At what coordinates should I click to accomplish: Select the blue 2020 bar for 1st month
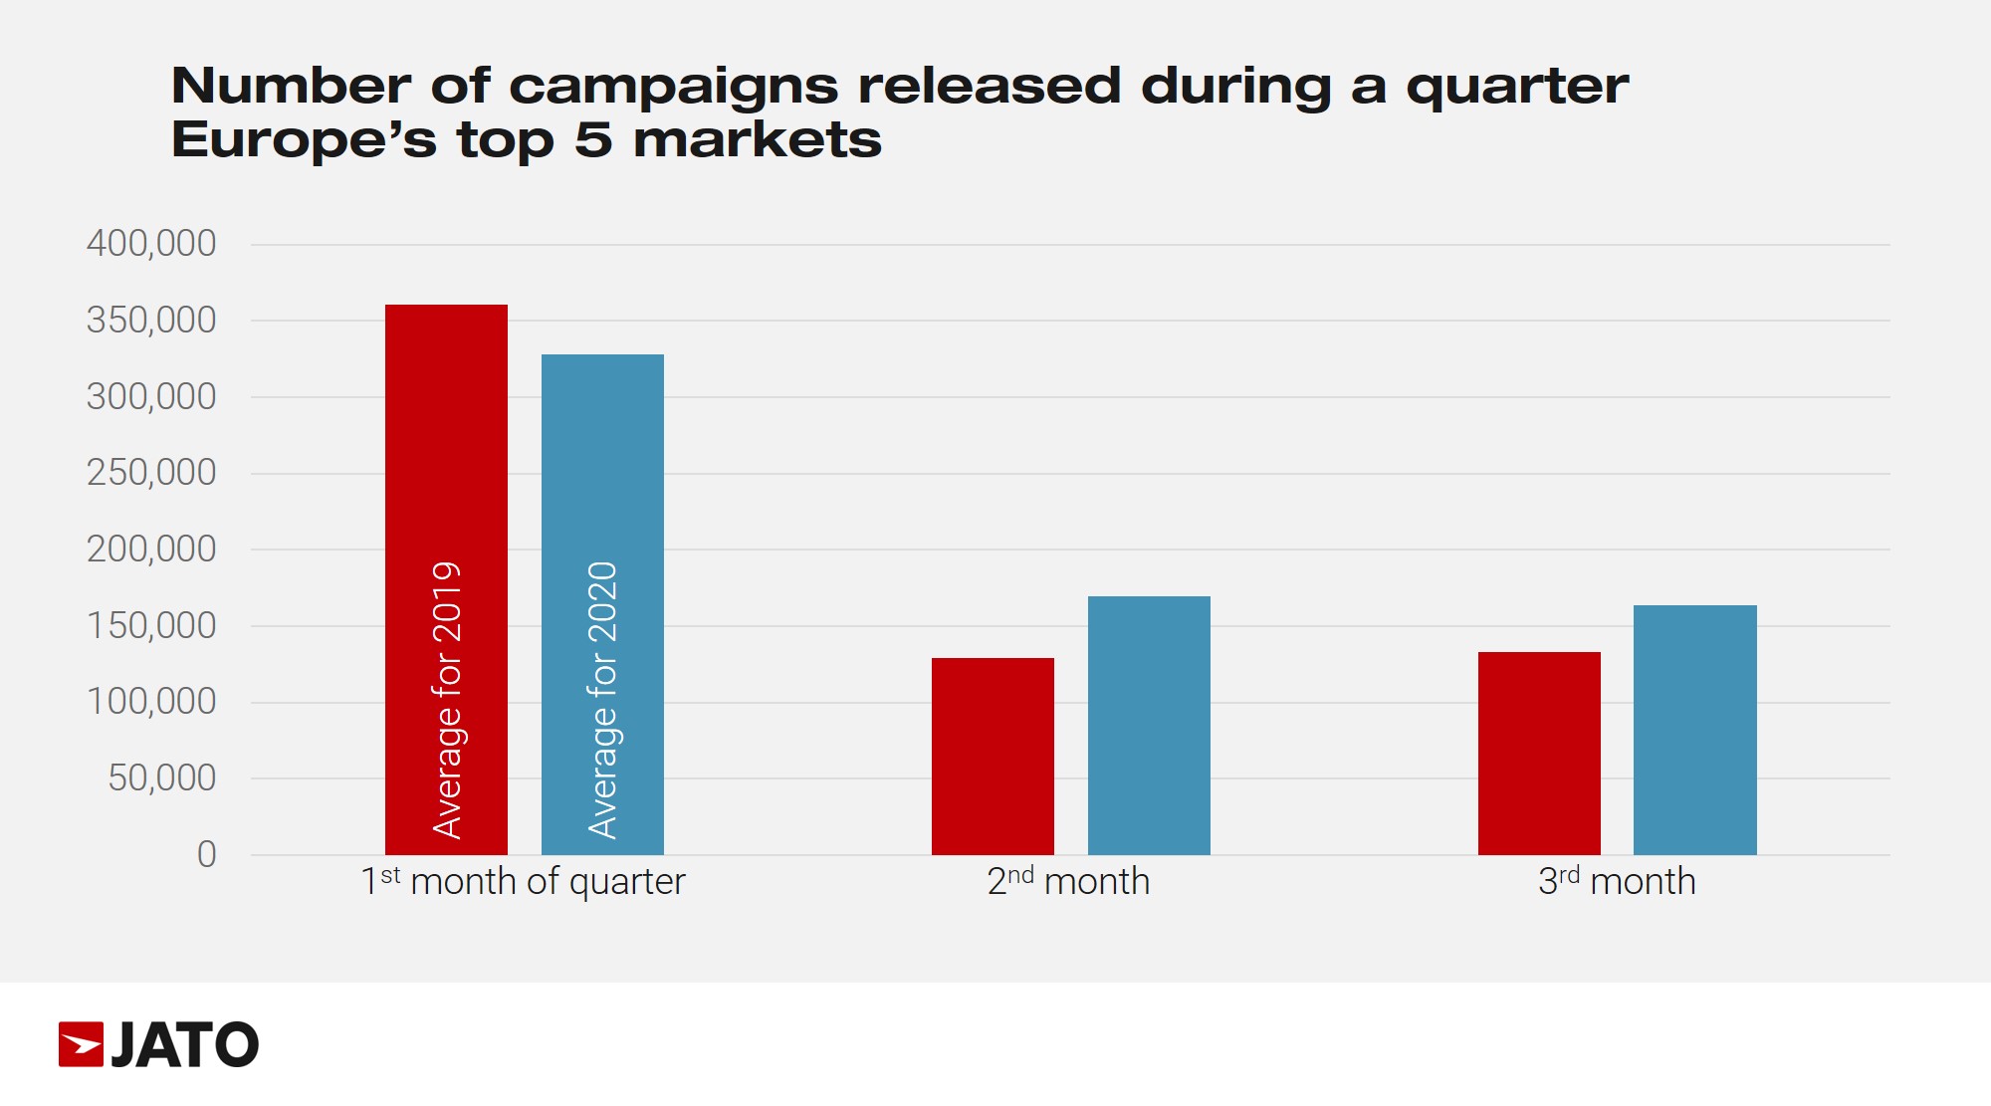pyautogui.click(x=602, y=458)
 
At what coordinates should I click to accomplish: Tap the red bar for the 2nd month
pyautogui.click(x=993, y=756)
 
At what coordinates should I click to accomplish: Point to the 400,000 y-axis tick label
pyautogui.click(x=151, y=244)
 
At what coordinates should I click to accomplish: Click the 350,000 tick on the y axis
pyautogui.click(x=151, y=321)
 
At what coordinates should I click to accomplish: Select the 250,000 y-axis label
pyautogui.click(x=151, y=473)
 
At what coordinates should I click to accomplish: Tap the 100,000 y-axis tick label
pyautogui.click(x=151, y=702)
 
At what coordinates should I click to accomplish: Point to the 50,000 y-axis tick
pyautogui.click(x=161, y=778)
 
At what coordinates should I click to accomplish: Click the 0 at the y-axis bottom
pyautogui.click(x=206, y=854)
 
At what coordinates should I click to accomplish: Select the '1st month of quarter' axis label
pyautogui.click(x=523, y=882)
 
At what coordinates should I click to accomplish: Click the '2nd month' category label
pyautogui.click(x=1068, y=882)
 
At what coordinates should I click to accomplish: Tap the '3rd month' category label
pyautogui.click(x=1617, y=882)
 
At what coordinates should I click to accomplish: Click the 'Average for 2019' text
pyautogui.click(x=447, y=700)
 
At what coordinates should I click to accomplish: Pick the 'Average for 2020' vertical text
pyautogui.click(x=603, y=700)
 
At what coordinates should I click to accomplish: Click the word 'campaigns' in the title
pyautogui.click(x=674, y=87)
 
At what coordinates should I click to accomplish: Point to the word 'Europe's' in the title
pyautogui.click(x=304, y=140)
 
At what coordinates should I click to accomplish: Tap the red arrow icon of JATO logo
pyautogui.click(x=81, y=1044)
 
